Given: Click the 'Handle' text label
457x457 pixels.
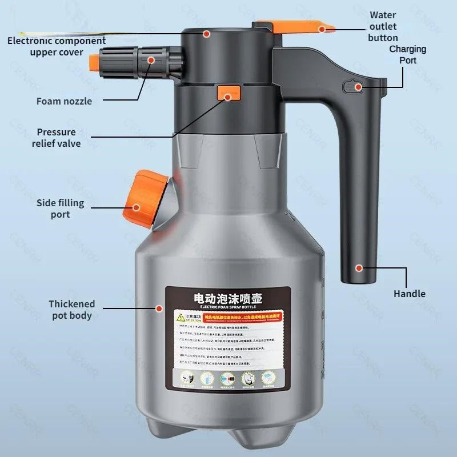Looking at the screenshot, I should pos(410,294).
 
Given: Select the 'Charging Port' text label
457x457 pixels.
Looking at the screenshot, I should pos(408,54).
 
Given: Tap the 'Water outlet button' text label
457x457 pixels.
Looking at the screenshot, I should pos(383,26).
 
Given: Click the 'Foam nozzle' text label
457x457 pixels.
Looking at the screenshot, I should pos(64,101).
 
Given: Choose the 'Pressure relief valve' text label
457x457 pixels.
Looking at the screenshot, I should pos(56,138).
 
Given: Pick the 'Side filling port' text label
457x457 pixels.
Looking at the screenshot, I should pos(60,209).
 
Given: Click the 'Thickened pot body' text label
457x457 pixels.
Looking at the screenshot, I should pos(71,310).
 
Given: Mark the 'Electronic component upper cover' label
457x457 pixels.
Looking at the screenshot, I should pos(57,46).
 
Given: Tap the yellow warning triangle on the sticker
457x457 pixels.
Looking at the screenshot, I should pos(179,315).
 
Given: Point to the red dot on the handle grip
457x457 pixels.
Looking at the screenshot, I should pos(359,267).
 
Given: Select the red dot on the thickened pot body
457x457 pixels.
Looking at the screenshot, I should pos(159,308).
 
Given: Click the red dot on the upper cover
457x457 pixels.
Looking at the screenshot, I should pos(207,34).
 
